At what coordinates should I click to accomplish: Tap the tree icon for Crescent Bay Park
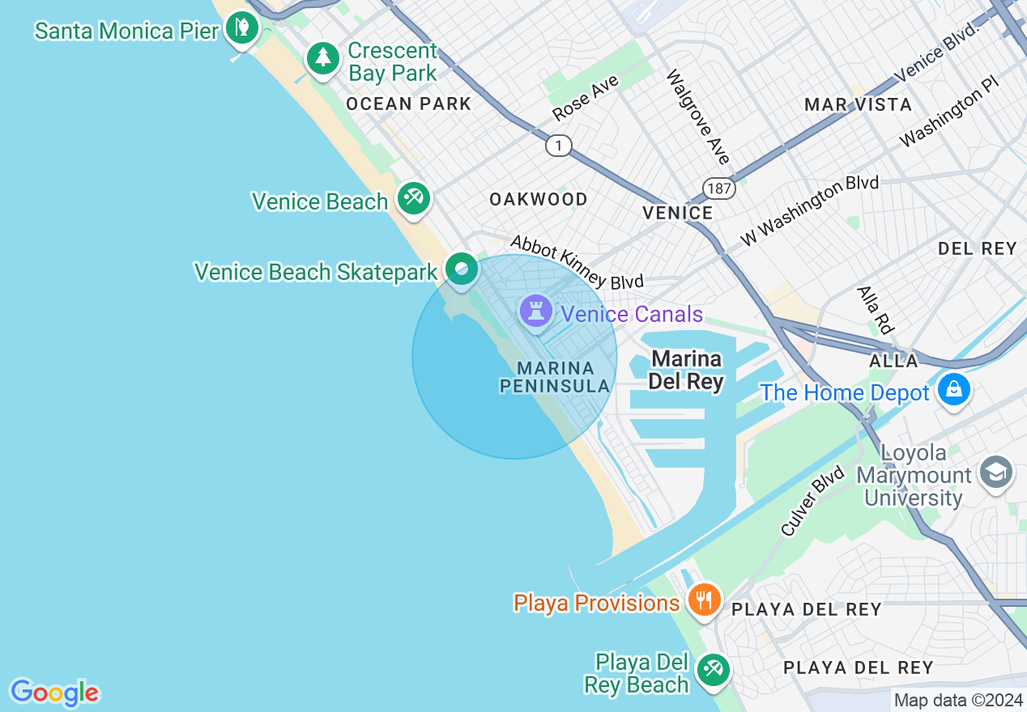click(x=323, y=58)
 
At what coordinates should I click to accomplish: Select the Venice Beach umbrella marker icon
click(x=414, y=197)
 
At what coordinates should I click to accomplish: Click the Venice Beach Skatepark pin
click(x=462, y=269)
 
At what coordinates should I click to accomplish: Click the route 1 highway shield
click(x=558, y=146)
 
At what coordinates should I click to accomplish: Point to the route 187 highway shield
click(x=718, y=189)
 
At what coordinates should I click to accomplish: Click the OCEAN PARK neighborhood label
click(x=408, y=104)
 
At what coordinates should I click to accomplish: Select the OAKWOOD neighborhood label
click(x=539, y=199)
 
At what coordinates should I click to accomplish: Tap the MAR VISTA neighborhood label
click(x=858, y=104)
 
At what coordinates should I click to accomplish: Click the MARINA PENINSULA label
click(x=555, y=378)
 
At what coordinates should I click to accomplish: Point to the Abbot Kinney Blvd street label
click(x=577, y=262)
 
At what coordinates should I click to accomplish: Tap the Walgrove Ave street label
click(x=697, y=117)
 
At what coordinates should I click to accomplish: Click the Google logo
click(x=54, y=693)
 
